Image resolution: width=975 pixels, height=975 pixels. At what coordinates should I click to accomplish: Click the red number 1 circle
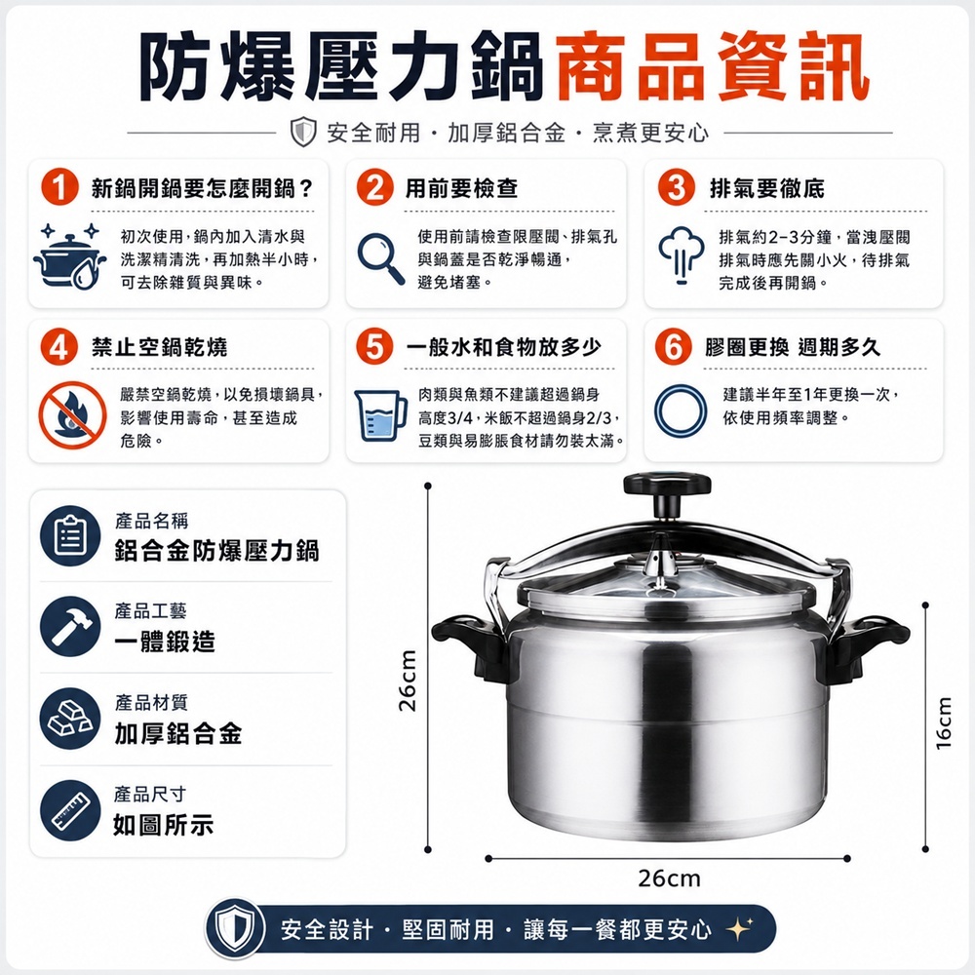[x=59, y=187]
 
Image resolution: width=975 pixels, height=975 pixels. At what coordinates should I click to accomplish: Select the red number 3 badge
[x=677, y=187]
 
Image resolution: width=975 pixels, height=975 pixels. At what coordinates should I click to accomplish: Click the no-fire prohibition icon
[x=72, y=414]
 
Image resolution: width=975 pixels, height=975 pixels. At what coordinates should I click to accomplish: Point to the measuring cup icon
[x=380, y=415]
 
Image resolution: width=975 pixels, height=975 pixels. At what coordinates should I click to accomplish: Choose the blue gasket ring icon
[x=681, y=410]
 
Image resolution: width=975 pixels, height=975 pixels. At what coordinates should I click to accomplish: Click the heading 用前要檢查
[x=461, y=188]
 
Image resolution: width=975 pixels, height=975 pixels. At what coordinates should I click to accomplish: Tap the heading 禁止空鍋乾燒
[x=159, y=347]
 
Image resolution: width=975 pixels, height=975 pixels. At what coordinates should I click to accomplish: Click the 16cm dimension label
[x=944, y=722]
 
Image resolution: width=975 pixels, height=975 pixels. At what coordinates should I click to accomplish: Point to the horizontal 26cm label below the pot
[x=669, y=878]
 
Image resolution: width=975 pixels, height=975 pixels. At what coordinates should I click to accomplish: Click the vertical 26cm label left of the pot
[x=408, y=681]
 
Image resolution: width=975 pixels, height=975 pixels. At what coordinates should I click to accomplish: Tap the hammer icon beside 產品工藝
[x=70, y=627]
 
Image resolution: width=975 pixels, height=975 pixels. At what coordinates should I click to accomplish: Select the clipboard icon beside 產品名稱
[x=70, y=535]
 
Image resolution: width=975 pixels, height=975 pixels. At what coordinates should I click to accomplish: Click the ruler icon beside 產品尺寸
[x=70, y=810]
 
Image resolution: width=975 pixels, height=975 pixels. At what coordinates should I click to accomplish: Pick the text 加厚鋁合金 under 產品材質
[x=177, y=734]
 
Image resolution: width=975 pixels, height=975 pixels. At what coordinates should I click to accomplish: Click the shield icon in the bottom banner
[x=235, y=929]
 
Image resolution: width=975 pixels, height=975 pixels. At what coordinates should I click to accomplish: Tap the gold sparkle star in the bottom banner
[x=740, y=929]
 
